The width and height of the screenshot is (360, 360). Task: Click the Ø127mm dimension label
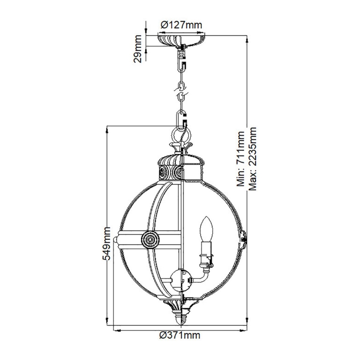coord(181,25)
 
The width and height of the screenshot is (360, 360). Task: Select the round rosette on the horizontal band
coord(148,238)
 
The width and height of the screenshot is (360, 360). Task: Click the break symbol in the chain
coord(181,91)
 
